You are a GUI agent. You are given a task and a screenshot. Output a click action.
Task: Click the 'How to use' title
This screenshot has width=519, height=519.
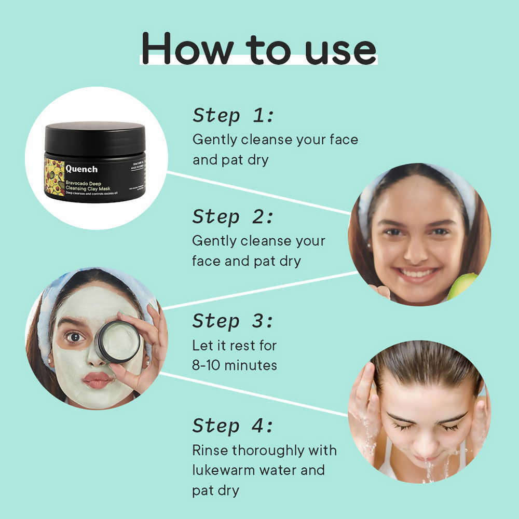(258, 48)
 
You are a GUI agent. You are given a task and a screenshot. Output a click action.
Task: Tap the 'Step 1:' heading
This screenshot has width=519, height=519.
(233, 115)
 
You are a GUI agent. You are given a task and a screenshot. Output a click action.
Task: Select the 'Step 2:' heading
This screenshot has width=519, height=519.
(233, 216)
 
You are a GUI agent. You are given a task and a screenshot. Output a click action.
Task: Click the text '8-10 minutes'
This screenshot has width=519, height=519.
(234, 365)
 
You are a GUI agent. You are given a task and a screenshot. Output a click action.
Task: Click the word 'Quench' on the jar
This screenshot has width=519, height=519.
(81, 169)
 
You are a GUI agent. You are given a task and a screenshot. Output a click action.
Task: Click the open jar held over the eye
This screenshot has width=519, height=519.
(118, 341)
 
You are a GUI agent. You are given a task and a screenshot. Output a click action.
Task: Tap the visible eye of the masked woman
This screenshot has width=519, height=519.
(75, 337)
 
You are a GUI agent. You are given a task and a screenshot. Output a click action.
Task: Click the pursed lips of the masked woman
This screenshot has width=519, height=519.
(97, 380)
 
